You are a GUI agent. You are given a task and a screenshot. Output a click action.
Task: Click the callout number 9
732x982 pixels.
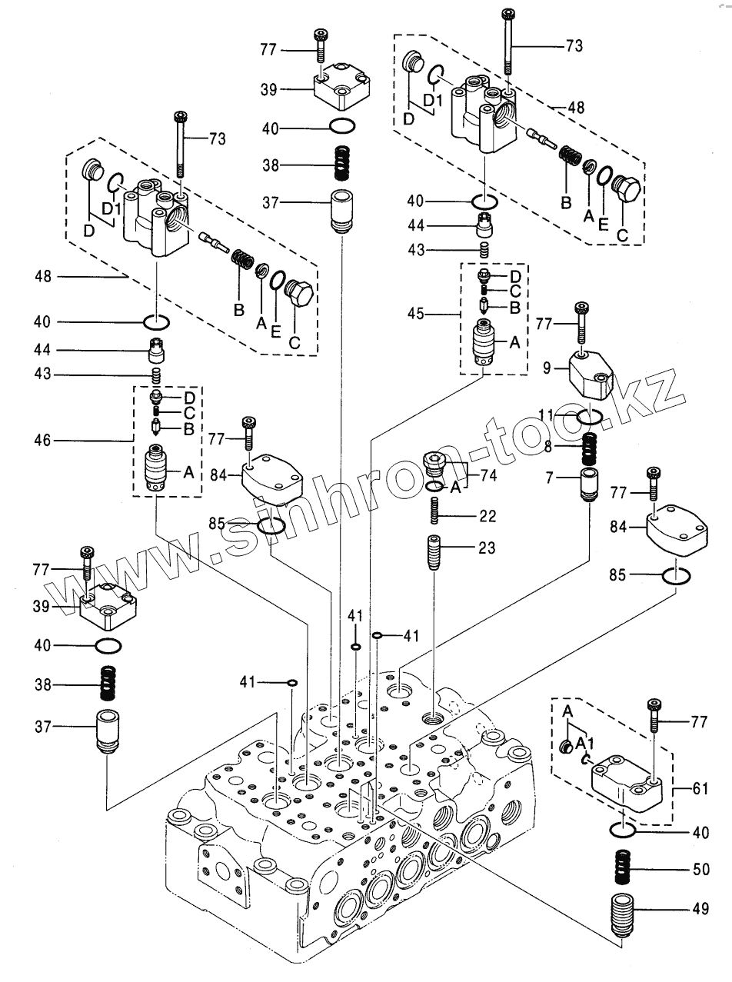(547, 368)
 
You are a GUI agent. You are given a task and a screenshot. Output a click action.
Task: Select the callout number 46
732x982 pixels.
(42, 441)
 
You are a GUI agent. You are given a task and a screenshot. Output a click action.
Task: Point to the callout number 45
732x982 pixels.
(415, 314)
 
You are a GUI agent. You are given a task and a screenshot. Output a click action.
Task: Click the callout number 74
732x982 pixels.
(488, 475)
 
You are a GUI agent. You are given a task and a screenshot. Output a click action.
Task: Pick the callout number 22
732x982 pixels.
(487, 516)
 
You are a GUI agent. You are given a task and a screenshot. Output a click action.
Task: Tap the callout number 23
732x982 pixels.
(487, 548)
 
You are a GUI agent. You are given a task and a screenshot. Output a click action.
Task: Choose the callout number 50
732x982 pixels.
(700, 869)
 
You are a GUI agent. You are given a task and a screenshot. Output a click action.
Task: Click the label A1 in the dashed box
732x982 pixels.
(584, 744)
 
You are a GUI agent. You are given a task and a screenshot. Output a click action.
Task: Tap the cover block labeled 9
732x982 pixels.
(591, 374)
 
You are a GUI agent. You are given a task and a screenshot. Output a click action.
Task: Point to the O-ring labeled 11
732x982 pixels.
(589, 417)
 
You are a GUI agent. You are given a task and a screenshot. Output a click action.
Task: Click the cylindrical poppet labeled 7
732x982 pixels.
(589, 484)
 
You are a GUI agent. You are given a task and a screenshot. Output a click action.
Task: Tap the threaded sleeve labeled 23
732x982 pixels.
(434, 553)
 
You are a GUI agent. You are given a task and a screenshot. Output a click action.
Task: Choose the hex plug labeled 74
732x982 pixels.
(433, 465)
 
